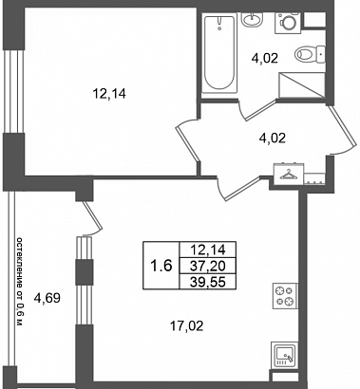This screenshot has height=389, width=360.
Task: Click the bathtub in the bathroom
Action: click(219, 53)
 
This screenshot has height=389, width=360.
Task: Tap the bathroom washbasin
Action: click(253, 19)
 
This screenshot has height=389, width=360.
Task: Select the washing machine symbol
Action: click(289, 23)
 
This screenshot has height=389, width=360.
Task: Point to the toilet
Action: click(310, 54)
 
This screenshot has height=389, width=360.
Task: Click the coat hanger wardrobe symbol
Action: click(289, 175)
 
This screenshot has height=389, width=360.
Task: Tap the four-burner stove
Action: click(285, 296)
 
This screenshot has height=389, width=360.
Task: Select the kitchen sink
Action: click(285, 355)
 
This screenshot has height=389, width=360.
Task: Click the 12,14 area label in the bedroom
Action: click(109, 94)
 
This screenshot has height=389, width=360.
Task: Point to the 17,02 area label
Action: click(186, 325)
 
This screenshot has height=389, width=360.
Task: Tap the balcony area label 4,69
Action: click(47, 298)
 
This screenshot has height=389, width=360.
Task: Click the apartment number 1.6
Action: click(161, 265)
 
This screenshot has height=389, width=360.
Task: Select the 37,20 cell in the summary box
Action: click(208, 266)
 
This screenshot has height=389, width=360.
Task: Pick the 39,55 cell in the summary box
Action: click(208, 282)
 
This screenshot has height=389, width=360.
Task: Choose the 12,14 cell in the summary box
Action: click(208, 250)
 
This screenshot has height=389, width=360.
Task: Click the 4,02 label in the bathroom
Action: click(265, 58)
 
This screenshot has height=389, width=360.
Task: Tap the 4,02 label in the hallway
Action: click(273, 139)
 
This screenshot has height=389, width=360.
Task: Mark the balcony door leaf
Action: click(92, 215)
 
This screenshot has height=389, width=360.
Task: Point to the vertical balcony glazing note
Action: click(20, 282)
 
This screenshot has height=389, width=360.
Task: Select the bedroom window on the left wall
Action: click(13, 91)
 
